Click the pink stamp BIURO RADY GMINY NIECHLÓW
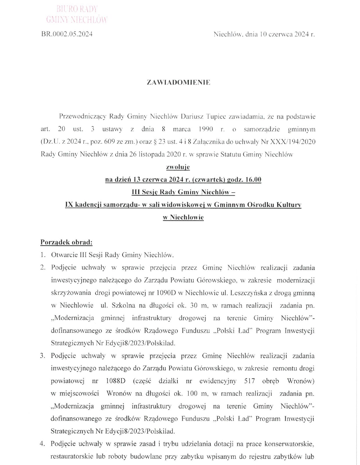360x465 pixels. [77, 14]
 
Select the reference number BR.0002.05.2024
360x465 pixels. [67, 34]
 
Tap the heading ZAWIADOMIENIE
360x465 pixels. [179, 83]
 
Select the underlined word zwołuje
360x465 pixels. [178, 167]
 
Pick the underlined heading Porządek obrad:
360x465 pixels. [66, 242]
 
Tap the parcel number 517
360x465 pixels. [250, 381]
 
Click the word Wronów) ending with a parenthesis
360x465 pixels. [300, 381]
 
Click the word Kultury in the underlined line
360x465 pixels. [289, 205]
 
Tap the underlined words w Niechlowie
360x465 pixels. [183, 217]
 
